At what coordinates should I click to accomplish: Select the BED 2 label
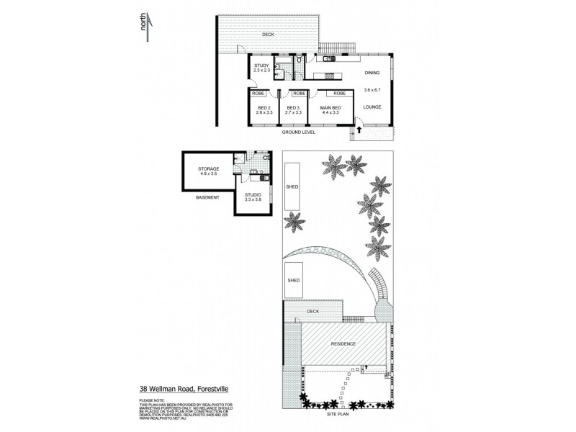coord(264,108)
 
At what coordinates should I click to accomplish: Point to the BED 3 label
coord(292,108)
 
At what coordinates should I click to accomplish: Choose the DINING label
coord(372,73)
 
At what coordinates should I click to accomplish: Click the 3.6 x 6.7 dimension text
coord(372,89)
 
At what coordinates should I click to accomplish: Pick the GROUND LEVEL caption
coord(298,133)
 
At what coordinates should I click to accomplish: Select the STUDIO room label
coord(253,195)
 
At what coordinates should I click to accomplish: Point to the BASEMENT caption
coord(208,197)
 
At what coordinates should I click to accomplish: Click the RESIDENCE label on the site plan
coord(343,343)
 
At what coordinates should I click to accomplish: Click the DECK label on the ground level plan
coord(269,33)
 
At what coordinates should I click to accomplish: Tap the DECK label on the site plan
coord(312,312)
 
